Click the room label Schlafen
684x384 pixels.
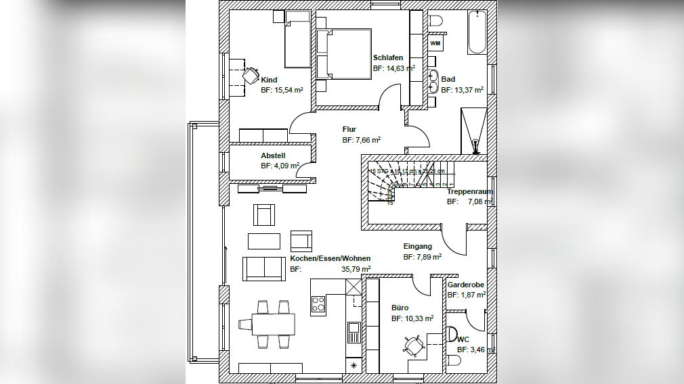pyautogui.click(x=388, y=57)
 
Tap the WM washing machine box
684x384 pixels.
pyautogui.click(x=435, y=44)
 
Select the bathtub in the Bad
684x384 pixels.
pyautogui.click(x=477, y=32)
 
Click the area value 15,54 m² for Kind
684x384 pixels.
pyautogui.click(x=282, y=89)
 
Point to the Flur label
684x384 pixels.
pyautogui.click(x=349, y=129)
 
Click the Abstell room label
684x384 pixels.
pyautogui.click(x=273, y=155)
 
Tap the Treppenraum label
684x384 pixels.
pyautogui.click(x=469, y=191)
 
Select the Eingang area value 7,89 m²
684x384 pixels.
pyautogui.click(x=423, y=257)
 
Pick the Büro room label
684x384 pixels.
pyautogui.click(x=400, y=307)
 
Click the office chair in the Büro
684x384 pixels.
pyautogui.click(x=413, y=346)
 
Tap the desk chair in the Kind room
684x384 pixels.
pyautogui.click(x=251, y=73)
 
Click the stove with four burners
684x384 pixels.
pyautogui.click(x=318, y=306)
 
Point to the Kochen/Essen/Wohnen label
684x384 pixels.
pyautogui.click(x=330, y=258)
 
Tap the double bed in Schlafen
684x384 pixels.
pyautogui.click(x=343, y=54)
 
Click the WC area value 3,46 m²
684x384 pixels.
pyautogui.click(x=475, y=350)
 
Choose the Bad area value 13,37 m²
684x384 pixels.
pyautogui.click(x=462, y=89)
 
